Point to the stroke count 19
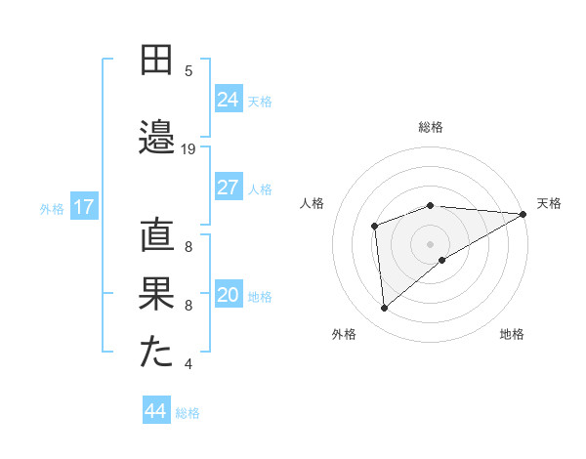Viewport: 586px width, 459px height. click(x=188, y=149)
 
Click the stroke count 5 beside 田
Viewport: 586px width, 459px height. click(x=188, y=71)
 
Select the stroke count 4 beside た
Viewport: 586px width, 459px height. click(x=188, y=365)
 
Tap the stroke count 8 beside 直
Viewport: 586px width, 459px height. click(x=188, y=248)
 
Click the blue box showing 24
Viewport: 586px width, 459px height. click(x=229, y=100)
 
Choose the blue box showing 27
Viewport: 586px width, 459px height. click(x=229, y=188)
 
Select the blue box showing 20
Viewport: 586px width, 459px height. click(x=229, y=295)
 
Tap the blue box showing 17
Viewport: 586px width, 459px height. click(x=83, y=207)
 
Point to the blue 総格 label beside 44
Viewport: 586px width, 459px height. click(x=188, y=413)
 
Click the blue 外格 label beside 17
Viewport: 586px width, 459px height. click(x=52, y=208)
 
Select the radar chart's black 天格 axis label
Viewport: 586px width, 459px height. click(x=549, y=203)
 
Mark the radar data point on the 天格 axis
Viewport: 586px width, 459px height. click(x=523, y=213)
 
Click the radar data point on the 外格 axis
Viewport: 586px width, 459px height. click(x=384, y=308)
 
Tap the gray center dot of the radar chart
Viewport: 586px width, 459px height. click(x=430, y=243)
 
